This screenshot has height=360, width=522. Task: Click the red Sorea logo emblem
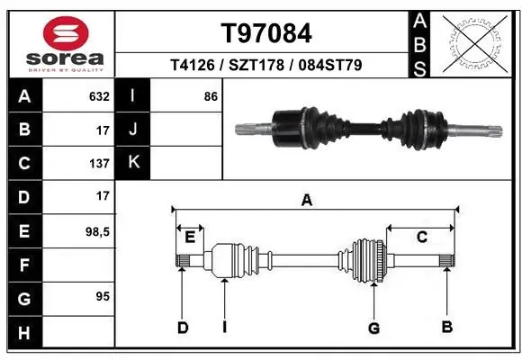click(66, 33)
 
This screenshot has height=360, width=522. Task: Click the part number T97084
click(266, 33)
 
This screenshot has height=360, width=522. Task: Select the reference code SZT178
click(256, 65)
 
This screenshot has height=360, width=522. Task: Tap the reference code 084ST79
click(330, 65)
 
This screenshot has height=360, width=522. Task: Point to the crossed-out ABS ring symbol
click(475, 43)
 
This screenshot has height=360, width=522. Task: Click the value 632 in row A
click(99, 96)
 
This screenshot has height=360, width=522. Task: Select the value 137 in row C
click(99, 164)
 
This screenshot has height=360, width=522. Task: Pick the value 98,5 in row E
click(97, 232)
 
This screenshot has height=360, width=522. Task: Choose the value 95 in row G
click(103, 296)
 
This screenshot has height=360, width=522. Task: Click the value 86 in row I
click(211, 96)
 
